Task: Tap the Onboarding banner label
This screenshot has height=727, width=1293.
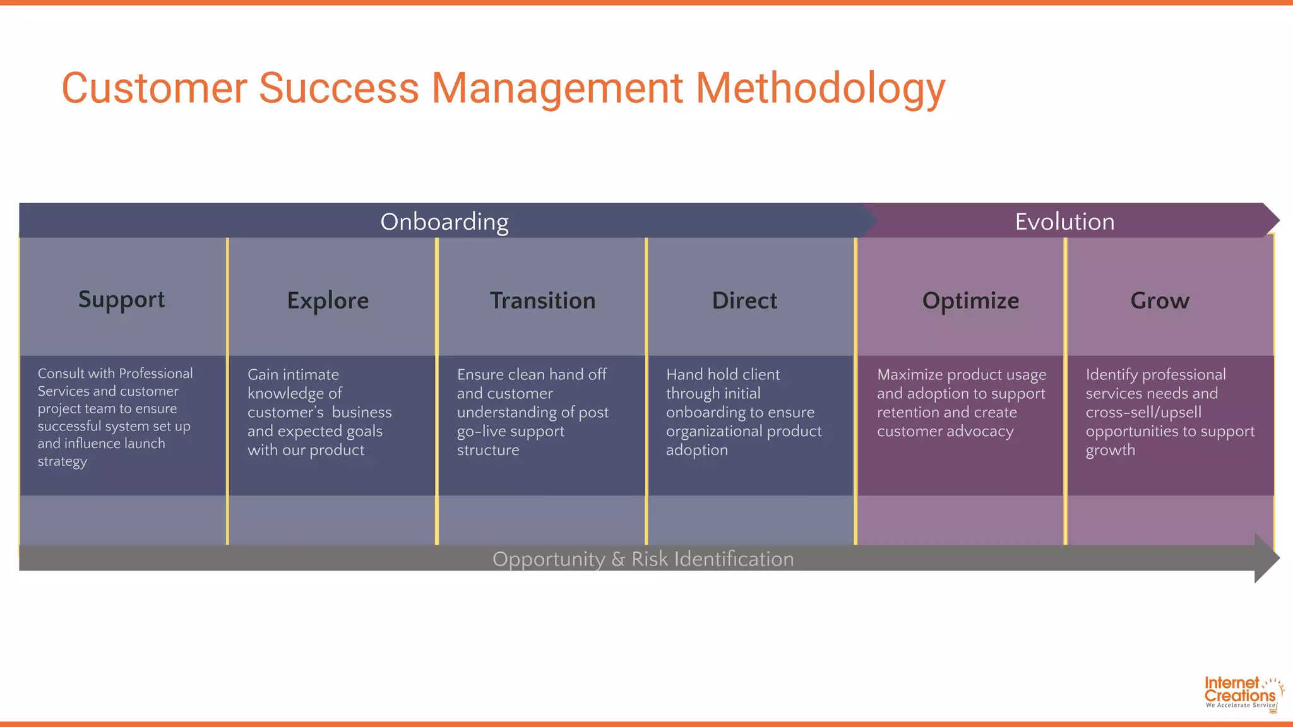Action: tap(444, 222)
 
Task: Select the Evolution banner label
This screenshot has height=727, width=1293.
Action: tap(1064, 222)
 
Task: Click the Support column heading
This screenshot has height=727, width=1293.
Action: tap(121, 300)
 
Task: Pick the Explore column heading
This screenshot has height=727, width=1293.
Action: tap(328, 300)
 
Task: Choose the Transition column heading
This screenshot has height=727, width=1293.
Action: tap(542, 300)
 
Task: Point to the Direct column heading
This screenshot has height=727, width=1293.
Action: tap(744, 300)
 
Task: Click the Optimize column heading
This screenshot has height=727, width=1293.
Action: tap(970, 300)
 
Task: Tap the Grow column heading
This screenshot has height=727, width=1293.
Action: tap(1160, 300)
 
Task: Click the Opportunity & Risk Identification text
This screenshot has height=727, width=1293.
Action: tap(643, 559)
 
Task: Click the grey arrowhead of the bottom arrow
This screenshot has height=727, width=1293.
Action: tap(1266, 558)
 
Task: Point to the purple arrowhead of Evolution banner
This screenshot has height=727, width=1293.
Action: tap(1270, 220)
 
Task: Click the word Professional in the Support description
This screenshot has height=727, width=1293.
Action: tap(155, 373)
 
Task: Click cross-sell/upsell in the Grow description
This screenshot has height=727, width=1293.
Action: tap(1143, 412)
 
